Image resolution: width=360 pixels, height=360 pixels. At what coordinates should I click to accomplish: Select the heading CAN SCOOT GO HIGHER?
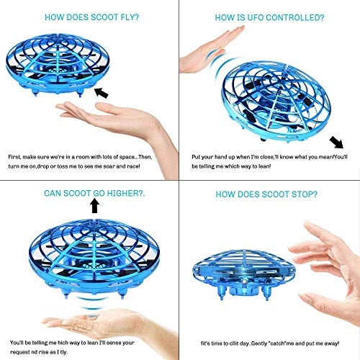(94, 192)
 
